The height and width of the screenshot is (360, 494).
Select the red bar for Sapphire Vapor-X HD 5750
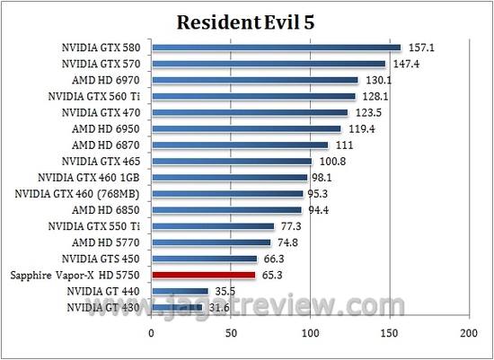[203, 275]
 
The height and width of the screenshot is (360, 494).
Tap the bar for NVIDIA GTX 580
[276, 48]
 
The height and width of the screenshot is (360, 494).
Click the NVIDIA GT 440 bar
[180, 291]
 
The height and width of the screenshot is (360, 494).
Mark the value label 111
[345, 145]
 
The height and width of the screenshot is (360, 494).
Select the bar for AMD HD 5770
[210, 242]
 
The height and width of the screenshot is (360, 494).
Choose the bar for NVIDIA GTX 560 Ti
[253, 96]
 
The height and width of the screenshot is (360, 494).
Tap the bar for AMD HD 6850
[225, 210]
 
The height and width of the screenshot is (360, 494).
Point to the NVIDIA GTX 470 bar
[249, 112]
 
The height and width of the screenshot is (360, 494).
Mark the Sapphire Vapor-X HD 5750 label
[74, 275]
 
